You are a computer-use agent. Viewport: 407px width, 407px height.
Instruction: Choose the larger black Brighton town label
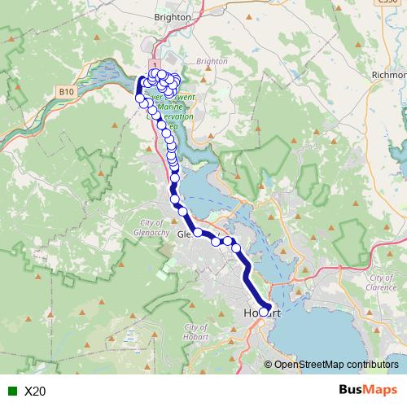173,16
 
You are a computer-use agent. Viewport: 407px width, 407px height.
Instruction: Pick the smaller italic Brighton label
212,61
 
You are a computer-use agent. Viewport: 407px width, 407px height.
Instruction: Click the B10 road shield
67,93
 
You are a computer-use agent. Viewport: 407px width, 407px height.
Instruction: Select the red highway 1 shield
152,63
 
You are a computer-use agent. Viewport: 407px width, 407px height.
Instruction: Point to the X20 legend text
35,392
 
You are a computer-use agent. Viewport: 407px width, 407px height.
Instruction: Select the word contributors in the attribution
372,364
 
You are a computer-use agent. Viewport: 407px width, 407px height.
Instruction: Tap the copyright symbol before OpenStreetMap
269,364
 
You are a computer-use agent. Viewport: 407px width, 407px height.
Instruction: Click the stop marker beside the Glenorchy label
198,233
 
